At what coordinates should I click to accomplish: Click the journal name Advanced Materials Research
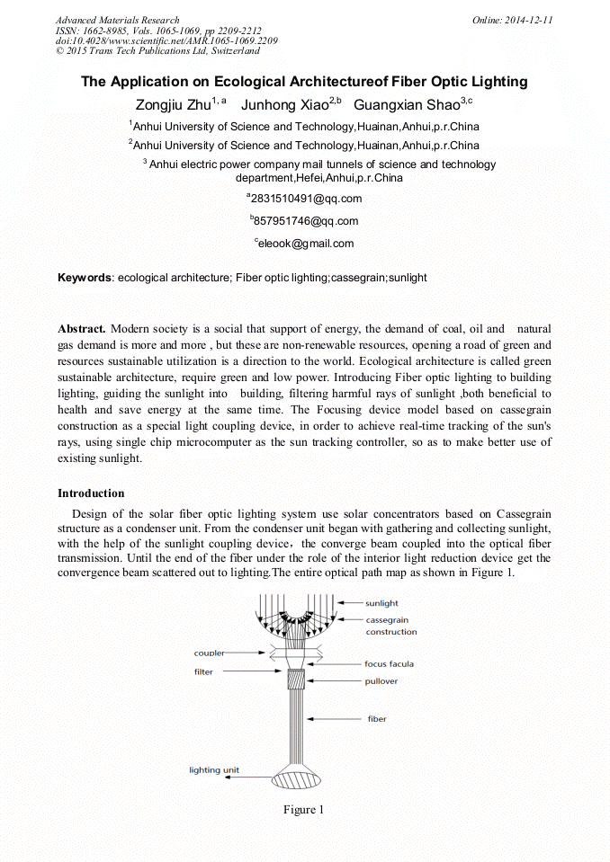point(118,20)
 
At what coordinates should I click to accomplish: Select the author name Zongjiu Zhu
point(173,104)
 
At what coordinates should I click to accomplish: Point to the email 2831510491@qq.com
point(306,199)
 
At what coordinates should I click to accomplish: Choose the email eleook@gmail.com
point(306,243)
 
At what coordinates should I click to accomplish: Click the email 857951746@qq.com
point(306,221)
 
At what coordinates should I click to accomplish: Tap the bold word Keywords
point(85,278)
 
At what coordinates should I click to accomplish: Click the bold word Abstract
point(82,329)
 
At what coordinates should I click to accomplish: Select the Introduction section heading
point(91,493)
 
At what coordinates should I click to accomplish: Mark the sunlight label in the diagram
point(382,603)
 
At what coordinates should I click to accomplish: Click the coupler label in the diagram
point(209,653)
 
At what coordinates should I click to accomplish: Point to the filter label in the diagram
point(204,671)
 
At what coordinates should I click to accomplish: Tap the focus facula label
point(389,664)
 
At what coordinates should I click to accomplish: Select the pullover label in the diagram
point(381,681)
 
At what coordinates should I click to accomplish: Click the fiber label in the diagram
point(376,719)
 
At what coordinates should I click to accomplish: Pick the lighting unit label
point(214,770)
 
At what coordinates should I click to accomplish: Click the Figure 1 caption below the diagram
point(304,810)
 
